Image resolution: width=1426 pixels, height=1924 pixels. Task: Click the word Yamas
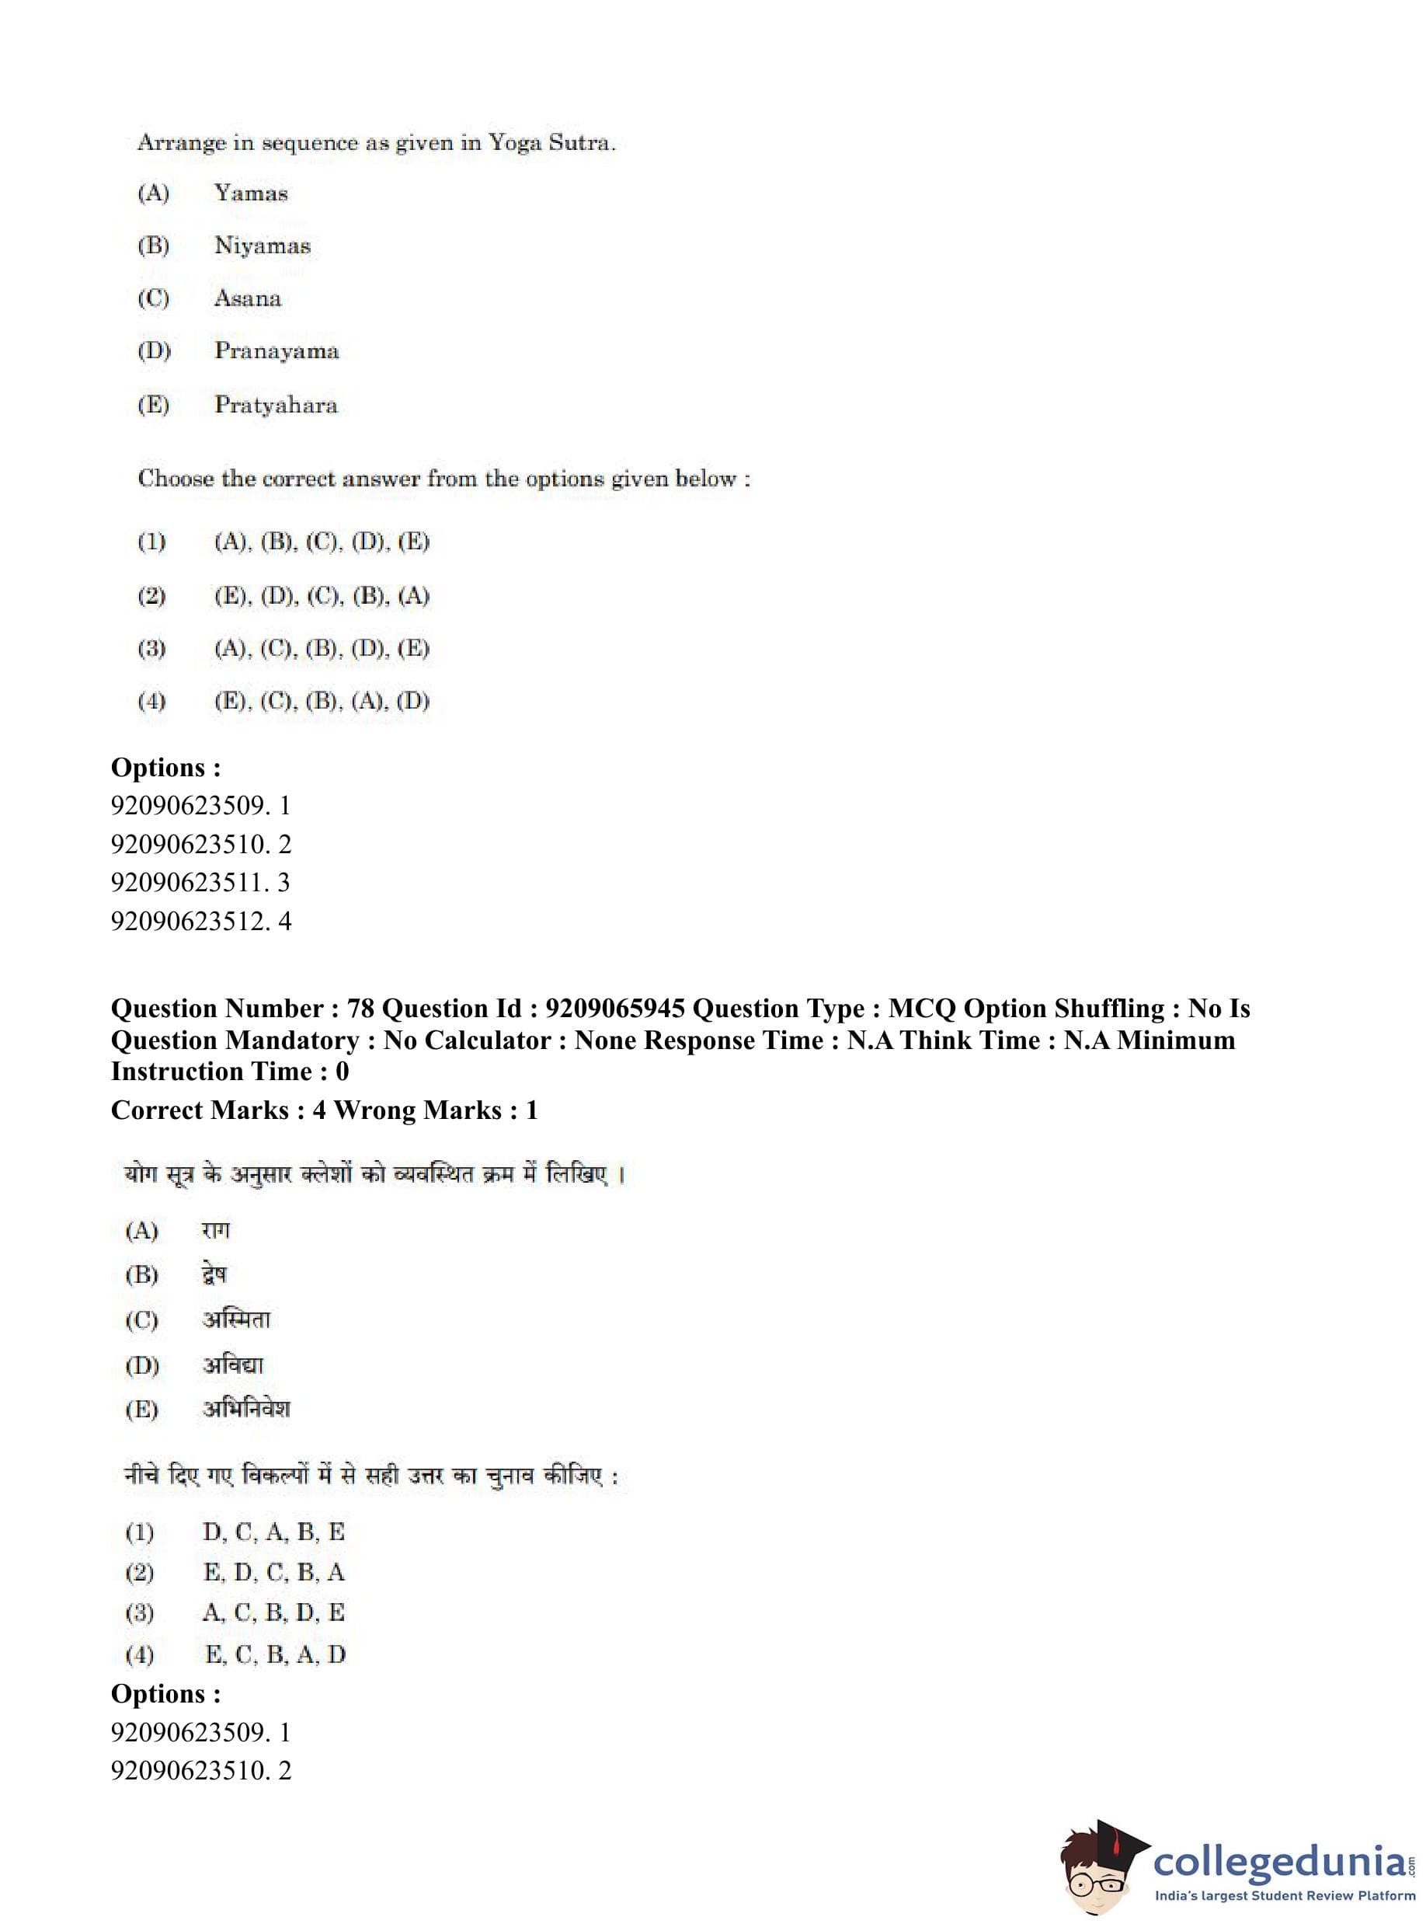pyautogui.click(x=250, y=193)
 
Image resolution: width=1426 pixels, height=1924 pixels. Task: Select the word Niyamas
pyautogui.click(x=262, y=246)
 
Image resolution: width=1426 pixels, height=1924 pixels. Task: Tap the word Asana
pyautogui.click(x=248, y=299)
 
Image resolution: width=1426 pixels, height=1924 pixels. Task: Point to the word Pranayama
pyautogui.click(x=277, y=351)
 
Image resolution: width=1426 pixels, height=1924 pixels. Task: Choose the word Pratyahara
pyautogui.click(x=276, y=405)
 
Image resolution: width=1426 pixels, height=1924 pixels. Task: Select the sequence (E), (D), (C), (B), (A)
pyautogui.click(x=321, y=596)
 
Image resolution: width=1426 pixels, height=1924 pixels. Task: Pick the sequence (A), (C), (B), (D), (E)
pyautogui.click(x=321, y=649)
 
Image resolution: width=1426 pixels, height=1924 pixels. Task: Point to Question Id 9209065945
pyautogui.click(x=614, y=1009)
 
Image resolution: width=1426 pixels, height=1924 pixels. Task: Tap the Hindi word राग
pyautogui.click(x=216, y=1231)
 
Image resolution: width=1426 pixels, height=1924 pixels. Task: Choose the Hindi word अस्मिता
pyautogui.click(x=237, y=1319)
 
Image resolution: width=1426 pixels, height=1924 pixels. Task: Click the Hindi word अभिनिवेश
pyautogui.click(x=246, y=1410)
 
